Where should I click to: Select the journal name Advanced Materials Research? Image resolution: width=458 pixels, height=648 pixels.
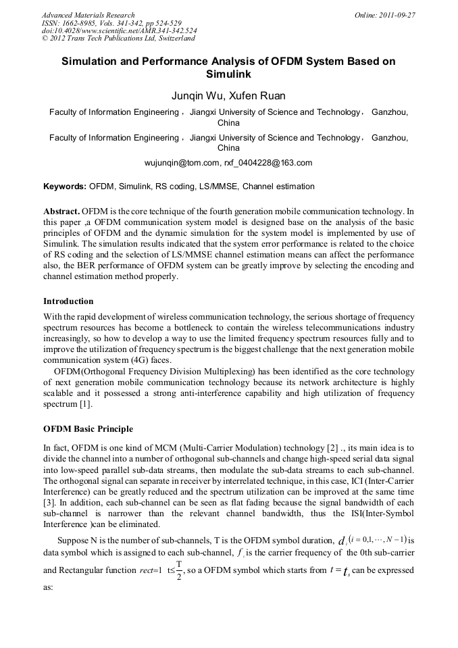[88, 15]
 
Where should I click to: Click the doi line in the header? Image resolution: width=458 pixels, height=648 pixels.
[119, 31]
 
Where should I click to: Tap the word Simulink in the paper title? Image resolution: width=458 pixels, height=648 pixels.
[228, 74]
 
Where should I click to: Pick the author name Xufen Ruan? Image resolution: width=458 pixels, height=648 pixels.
[259, 95]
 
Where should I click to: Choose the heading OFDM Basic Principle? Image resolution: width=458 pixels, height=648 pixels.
[88, 429]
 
